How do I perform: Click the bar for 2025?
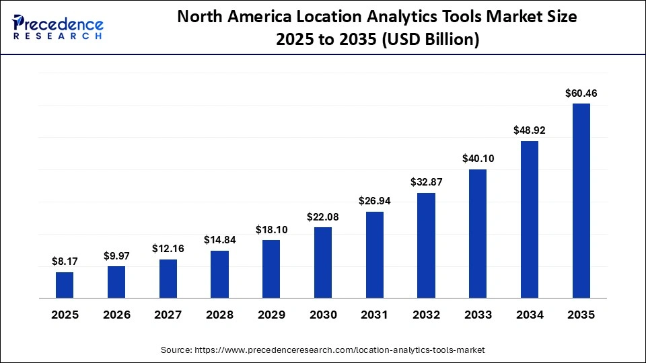pyautogui.click(x=65, y=285)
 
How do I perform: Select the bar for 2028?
pyautogui.click(x=219, y=274)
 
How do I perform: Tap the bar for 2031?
pyautogui.click(x=374, y=255)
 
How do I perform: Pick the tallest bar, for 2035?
pyautogui.click(x=581, y=200)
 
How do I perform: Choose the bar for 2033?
pyautogui.click(x=478, y=233)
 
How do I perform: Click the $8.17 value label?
pyautogui.click(x=65, y=261)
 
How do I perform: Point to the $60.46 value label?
pyautogui.click(x=581, y=93)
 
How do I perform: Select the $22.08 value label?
pyautogui.click(x=323, y=216)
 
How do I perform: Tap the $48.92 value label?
pyautogui.click(x=529, y=130)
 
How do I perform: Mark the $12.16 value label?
pyautogui.click(x=168, y=249)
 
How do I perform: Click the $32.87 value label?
pyautogui.click(x=426, y=182)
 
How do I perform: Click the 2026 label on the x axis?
pyautogui.click(x=116, y=315)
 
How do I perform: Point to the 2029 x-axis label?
pyautogui.click(x=271, y=315)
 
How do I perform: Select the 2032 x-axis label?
pyautogui.click(x=426, y=315)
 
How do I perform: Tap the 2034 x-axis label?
pyautogui.click(x=529, y=315)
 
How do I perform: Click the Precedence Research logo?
pyautogui.click(x=58, y=28)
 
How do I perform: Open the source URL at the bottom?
pyautogui.click(x=339, y=350)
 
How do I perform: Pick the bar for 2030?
pyautogui.click(x=323, y=262)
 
